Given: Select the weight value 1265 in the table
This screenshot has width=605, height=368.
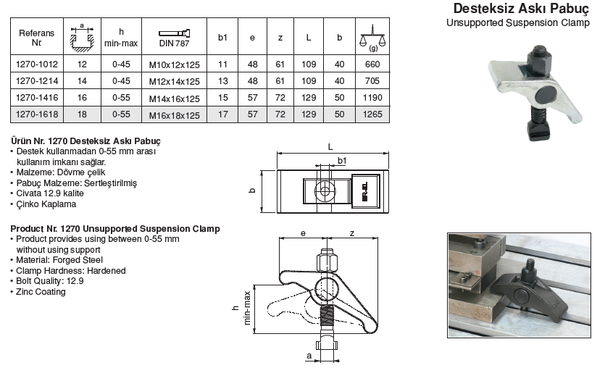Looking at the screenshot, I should [x=373, y=114].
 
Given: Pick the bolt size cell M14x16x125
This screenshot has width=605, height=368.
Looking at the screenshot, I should [x=172, y=97].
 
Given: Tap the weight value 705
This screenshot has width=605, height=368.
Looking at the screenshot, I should [x=373, y=80].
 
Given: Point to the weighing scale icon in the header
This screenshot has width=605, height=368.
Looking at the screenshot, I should [x=373, y=35].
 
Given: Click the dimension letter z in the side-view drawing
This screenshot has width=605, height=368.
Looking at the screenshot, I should [x=351, y=233].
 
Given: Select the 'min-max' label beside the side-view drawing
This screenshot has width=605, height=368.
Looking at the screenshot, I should [x=248, y=308].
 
